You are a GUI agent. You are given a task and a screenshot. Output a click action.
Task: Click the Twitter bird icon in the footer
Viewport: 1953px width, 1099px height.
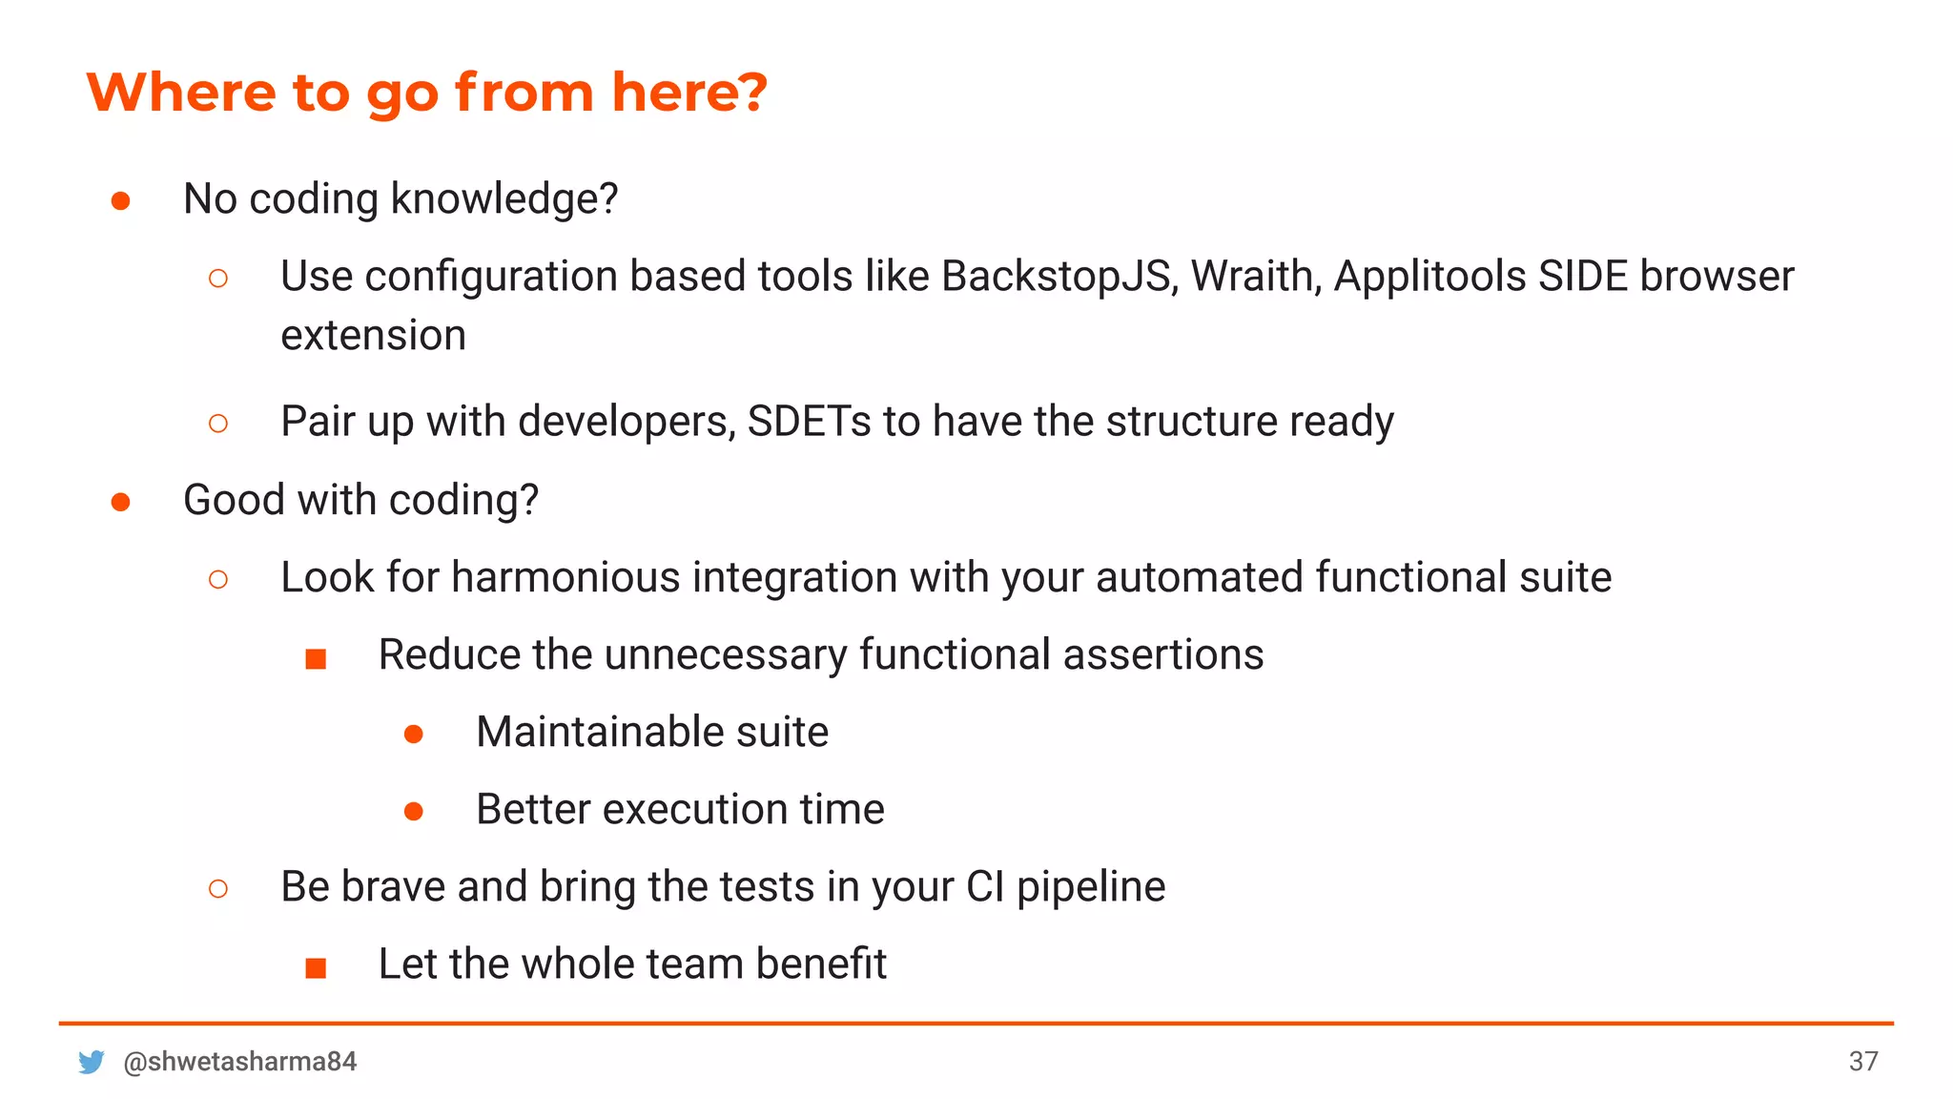click(92, 1062)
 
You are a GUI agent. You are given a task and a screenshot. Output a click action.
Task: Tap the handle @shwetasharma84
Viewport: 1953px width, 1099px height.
click(239, 1062)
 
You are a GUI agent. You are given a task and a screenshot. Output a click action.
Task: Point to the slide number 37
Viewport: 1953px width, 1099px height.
click(1863, 1062)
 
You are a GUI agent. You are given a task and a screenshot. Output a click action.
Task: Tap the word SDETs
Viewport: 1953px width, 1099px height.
click(809, 422)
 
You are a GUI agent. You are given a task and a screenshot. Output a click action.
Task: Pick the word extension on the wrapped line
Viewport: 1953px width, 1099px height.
click(373, 336)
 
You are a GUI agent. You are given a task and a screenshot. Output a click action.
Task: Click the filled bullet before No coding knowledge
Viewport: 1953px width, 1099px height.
click(120, 200)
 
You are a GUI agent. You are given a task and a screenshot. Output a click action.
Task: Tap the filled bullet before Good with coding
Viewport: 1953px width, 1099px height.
click(120, 502)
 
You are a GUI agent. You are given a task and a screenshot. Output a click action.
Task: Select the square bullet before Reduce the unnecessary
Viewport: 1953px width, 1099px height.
click(316, 659)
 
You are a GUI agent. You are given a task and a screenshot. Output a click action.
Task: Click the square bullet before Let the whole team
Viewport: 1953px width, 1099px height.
click(316, 968)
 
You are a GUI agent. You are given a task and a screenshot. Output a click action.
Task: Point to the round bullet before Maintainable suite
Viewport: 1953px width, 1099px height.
click(413, 734)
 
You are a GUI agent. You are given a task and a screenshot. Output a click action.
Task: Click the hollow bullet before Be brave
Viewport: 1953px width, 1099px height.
click(217, 889)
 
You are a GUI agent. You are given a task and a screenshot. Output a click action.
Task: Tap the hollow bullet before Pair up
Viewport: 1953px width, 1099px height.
click(217, 424)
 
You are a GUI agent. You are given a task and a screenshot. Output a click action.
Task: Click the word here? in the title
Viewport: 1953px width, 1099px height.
click(689, 93)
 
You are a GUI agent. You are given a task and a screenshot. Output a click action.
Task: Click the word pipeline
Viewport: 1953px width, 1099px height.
click(1090, 887)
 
